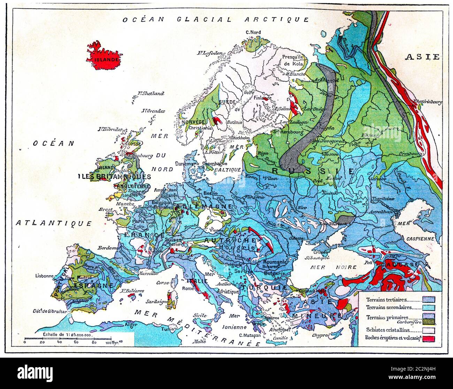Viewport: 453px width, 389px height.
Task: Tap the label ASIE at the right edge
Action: point(422,57)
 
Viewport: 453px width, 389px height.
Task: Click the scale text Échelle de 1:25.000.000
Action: point(67,334)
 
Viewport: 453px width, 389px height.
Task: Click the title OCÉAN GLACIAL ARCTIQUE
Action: point(215,20)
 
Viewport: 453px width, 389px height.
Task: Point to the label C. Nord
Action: point(253,32)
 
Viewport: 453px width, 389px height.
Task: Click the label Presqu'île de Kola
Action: point(293,60)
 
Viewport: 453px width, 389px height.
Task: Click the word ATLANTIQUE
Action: point(54,223)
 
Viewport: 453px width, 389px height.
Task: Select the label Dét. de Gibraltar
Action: point(49,311)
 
